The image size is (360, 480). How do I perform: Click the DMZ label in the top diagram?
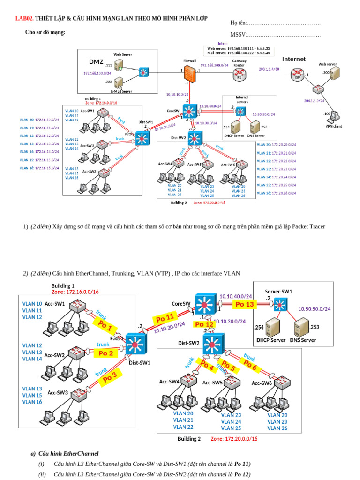[96, 62]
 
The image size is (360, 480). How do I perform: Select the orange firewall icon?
[189, 73]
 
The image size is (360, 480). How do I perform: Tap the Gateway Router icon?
[240, 73]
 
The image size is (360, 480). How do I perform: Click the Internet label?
[293, 59]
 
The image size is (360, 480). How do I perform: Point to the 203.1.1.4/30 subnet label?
[269, 69]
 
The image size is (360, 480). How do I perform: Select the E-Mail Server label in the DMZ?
[121, 91]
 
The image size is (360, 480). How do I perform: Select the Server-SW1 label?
[278, 291]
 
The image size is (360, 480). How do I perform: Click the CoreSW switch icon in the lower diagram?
[204, 305]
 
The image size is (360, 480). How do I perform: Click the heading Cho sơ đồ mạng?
[45, 32]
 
